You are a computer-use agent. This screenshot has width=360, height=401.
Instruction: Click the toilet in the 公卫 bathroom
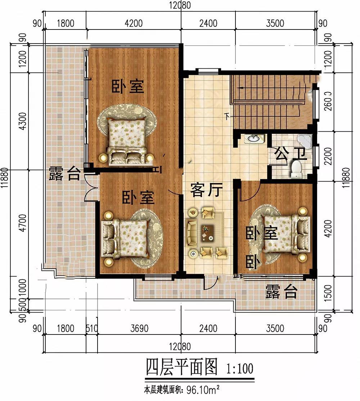click(296, 169)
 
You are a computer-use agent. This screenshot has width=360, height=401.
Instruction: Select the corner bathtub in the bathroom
click(305, 140)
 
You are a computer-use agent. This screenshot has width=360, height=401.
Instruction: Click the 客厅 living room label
click(206, 190)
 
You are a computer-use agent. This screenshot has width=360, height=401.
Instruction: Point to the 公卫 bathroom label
click(291, 154)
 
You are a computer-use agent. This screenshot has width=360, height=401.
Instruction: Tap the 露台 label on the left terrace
click(65, 173)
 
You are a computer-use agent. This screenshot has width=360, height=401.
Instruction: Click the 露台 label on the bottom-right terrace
click(282, 291)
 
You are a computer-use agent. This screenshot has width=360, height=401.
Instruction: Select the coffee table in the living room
click(207, 233)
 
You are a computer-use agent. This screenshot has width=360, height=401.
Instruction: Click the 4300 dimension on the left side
click(23, 121)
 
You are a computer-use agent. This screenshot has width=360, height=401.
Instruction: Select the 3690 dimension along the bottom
click(140, 328)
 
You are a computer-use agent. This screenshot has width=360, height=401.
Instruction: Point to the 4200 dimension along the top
click(134, 23)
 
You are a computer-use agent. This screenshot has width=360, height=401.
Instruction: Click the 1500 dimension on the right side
click(328, 293)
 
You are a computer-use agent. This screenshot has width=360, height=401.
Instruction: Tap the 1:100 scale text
click(240, 369)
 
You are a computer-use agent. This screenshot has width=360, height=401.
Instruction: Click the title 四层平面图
click(181, 367)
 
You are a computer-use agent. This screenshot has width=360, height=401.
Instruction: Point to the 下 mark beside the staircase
click(227, 117)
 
